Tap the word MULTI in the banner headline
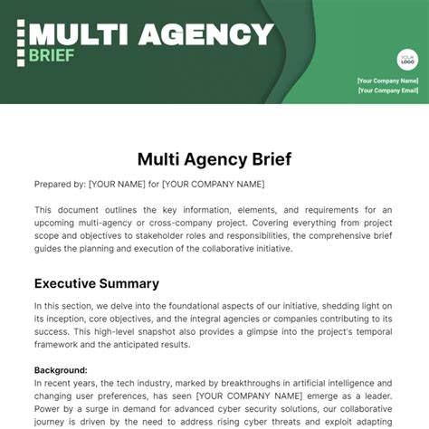(73, 34)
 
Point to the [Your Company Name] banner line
(388, 81)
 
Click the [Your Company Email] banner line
(388, 91)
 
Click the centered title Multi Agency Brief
(214, 159)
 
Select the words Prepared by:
(59, 185)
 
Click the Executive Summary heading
(97, 283)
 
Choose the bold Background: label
(61, 370)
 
